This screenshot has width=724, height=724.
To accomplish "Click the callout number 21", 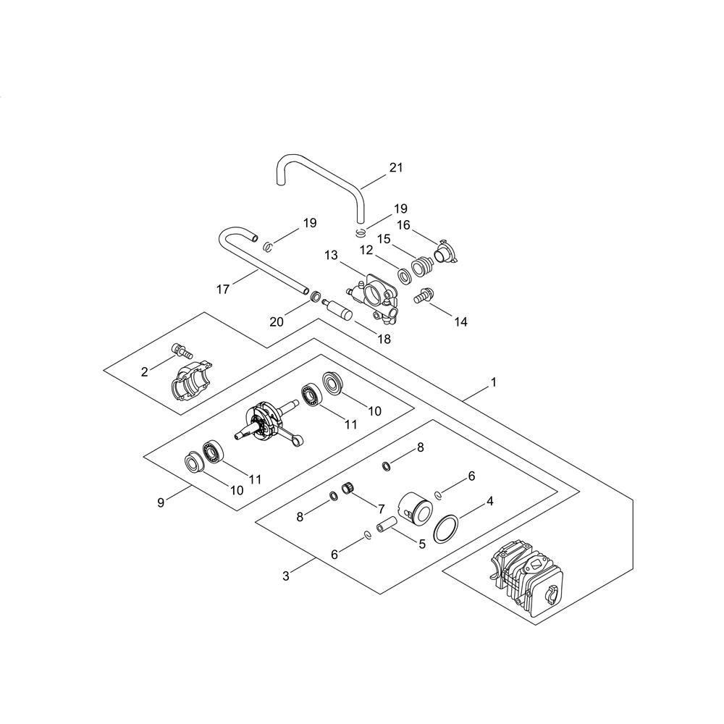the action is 396,168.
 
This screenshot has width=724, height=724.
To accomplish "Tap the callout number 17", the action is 223,290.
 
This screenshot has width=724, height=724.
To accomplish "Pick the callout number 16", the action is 403,225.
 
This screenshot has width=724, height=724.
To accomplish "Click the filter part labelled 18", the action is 338,308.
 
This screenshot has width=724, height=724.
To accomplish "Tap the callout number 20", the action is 277,321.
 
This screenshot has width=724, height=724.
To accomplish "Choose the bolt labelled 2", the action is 182,351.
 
